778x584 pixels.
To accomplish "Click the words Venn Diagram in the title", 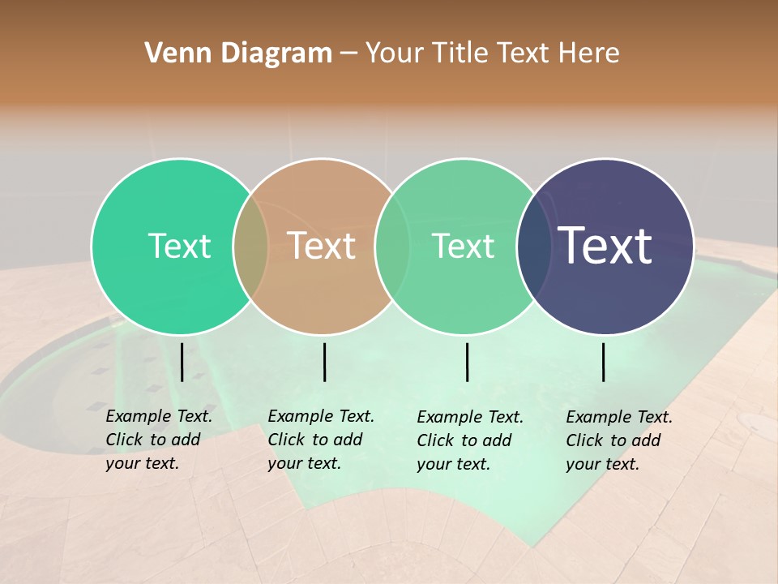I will pyautogui.click(x=238, y=54).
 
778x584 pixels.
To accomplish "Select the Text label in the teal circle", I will pyautogui.click(x=179, y=246).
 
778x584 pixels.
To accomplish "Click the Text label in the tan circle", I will pyautogui.click(x=322, y=246).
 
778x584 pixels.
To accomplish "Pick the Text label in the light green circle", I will pyautogui.click(x=464, y=246).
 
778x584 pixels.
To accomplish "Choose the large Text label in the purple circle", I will pyautogui.click(x=605, y=245).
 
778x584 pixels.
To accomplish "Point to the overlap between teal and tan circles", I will pyautogui.click(x=250, y=247).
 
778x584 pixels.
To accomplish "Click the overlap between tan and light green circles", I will pyautogui.click(x=392, y=247).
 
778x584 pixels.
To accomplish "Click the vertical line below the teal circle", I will pyautogui.click(x=182, y=362).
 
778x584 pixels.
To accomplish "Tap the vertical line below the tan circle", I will pyautogui.click(x=324, y=362).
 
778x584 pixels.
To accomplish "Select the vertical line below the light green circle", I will pyautogui.click(x=467, y=362).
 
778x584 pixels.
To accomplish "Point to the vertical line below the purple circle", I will pyautogui.click(x=604, y=362).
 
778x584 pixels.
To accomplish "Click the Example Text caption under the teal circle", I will pyautogui.click(x=158, y=440).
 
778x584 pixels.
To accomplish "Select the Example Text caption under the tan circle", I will pyautogui.click(x=320, y=440).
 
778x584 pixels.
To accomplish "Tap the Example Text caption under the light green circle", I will pyautogui.click(x=469, y=440).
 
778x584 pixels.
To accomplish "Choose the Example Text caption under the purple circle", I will pyautogui.click(x=618, y=440).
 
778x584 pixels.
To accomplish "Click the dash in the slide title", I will pyautogui.click(x=348, y=54).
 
